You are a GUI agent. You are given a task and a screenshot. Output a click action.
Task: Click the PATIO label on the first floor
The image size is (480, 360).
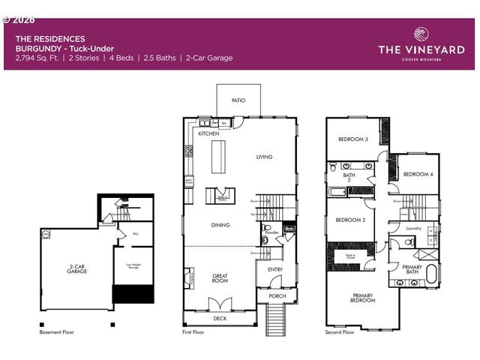click(x=238, y=100)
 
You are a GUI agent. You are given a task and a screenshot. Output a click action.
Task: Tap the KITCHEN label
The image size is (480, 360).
click(x=208, y=133)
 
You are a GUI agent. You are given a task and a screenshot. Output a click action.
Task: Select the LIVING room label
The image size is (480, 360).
click(x=264, y=157)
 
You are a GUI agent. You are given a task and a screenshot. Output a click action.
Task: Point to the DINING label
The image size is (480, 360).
click(x=220, y=224)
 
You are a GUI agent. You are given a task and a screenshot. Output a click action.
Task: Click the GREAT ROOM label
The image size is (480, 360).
click(x=220, y=278)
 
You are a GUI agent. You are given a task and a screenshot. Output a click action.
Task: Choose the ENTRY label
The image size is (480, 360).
click(x=275, y=269)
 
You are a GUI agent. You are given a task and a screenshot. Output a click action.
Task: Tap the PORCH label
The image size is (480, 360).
click(x=277, y=295)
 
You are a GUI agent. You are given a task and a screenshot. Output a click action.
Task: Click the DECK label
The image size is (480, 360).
click(x=220, y=318)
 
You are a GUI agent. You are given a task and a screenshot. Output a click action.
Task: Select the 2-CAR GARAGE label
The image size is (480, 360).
click(x=76, y=268)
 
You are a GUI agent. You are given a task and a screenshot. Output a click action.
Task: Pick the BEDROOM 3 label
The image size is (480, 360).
click(x=352, y=139)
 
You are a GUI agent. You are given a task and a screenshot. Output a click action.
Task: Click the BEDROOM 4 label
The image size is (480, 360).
click(x=418, y=174)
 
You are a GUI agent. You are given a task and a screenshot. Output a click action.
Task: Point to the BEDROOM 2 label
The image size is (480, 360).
click(x=349, y=220)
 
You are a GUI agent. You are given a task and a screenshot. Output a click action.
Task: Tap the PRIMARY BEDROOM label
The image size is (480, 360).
click(x=362, y=298)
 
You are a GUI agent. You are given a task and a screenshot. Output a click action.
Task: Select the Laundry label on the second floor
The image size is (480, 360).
click(x=412, y=228)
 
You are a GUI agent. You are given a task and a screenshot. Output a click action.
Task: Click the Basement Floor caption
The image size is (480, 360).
click(x=57, y=331)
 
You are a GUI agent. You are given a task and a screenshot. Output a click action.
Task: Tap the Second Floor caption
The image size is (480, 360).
click(x=339, y=331)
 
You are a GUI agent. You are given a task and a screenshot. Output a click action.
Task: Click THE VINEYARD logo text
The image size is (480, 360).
click(x=421, y=50)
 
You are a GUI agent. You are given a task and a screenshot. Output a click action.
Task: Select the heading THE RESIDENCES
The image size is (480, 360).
click(x=50, y=38)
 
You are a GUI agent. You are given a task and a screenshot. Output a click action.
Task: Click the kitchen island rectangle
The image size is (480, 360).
click(x=220, y=155)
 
